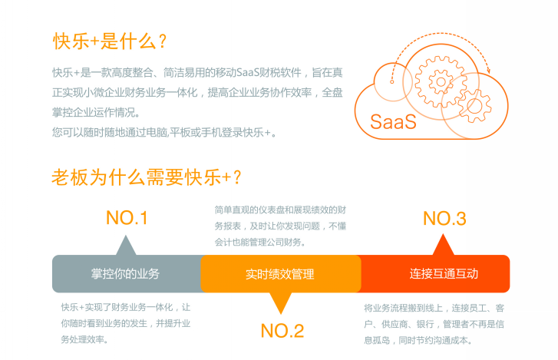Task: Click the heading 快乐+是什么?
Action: pos(110,41)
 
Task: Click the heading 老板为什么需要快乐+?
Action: pos(147,177)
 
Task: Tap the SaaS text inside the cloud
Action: pos(393,121)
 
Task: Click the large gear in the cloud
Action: pos(441,82)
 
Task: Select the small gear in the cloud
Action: pos(474,106)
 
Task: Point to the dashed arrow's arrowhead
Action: pos(488,70)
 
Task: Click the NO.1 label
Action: pos(127,218)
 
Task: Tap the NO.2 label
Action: pos(282,331)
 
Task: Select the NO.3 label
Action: pos(444,219)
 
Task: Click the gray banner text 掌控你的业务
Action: pos(125,273)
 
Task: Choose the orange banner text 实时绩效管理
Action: pos(279,274)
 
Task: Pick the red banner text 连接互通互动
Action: pos(444,273)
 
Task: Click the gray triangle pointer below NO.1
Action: pos(126,246)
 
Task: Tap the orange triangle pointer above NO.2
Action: pos(281,302)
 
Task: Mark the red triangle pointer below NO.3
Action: pos(443,246)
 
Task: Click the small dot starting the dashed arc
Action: pos(391,82)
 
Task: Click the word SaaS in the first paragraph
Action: pos(248,73)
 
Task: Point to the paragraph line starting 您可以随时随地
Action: pos(164,133)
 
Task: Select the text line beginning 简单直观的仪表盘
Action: pos(280,210)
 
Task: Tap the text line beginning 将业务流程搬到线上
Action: pos(434,308)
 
